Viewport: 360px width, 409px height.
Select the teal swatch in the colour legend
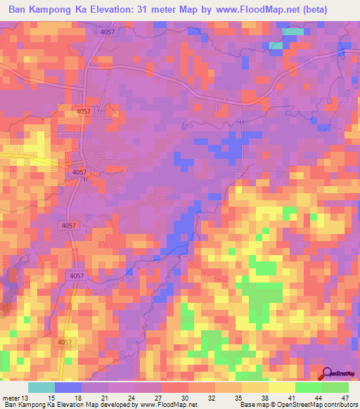pos(41,388)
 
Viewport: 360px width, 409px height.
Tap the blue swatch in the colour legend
pos(68,388)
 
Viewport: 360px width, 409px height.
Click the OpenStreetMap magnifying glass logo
pos(327,372)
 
